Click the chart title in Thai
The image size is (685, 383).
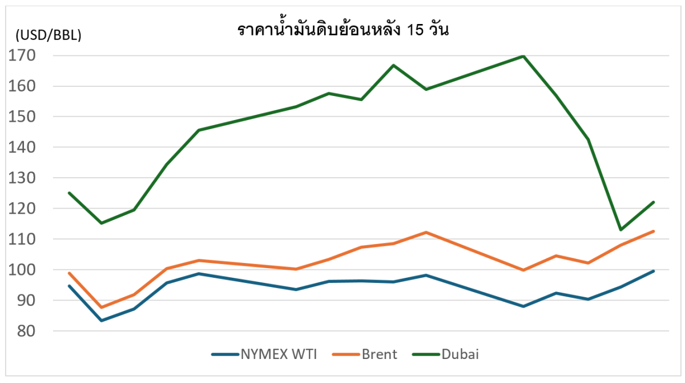point(342,31)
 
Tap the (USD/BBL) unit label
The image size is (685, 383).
point(49,35)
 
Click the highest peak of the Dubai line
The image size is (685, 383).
point(523,56)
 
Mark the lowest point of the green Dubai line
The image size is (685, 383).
point(620,230)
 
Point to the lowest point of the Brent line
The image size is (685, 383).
point(102,308)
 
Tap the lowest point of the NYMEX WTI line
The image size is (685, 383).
point(102,320)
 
